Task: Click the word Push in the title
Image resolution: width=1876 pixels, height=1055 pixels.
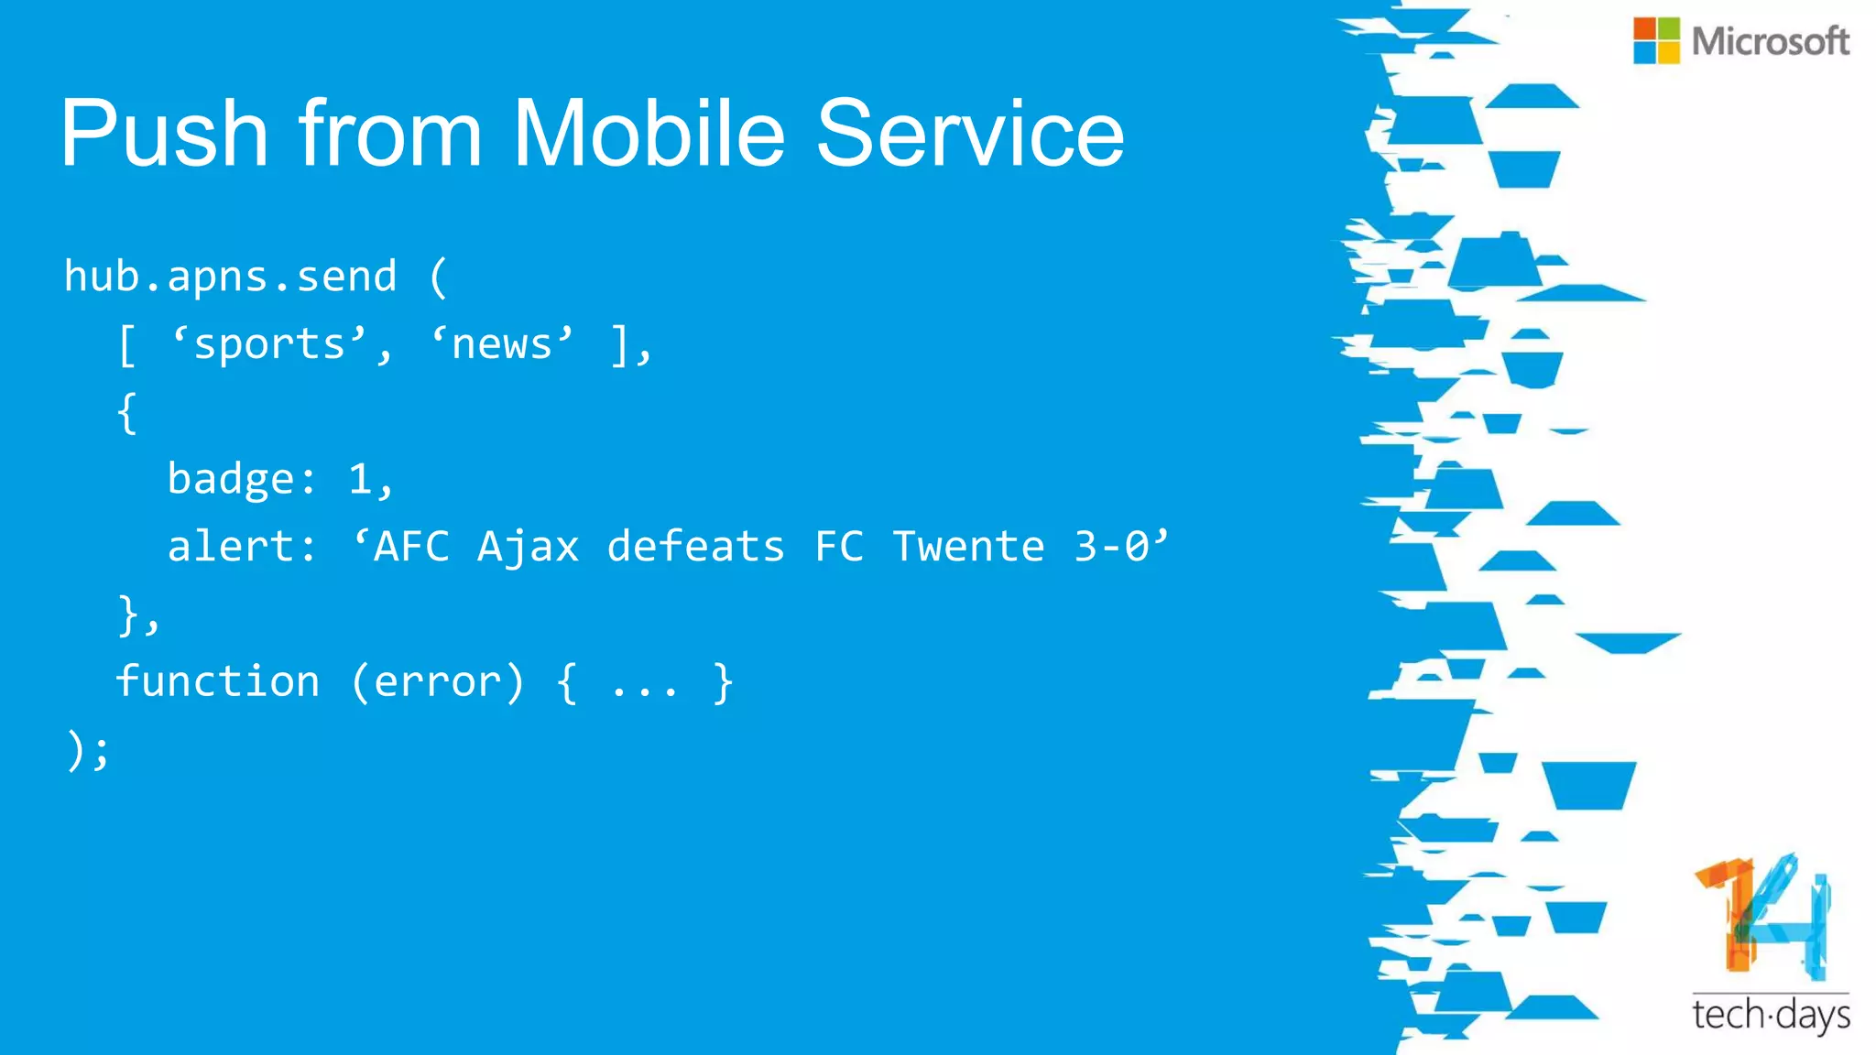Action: pyautogui.click(x=165, y=134)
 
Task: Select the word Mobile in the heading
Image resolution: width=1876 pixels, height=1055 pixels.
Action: pyautogui.click(x=649, y=134)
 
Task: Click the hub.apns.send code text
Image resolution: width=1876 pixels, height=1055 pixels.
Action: pyautogui.click(x=230, y=277)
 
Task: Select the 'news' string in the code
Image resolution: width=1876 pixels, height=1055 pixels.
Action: pyautogui.click(x=502, y=345)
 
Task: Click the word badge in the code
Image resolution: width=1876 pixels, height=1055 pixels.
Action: pyautogui.click(x=231, y=479)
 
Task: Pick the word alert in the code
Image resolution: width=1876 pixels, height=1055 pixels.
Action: pyautogui.click(x=231, y=547)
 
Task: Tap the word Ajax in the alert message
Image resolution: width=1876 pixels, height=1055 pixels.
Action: pyautogui.click(x=529, y=547)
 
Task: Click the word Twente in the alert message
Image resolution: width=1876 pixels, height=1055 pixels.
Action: pyautogui.click(x=968, y=547)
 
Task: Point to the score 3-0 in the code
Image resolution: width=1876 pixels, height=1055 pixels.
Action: pyautogui.click(x=1111, y=547)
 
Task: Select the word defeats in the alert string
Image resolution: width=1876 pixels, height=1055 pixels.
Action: pyautogui.click(x=696, y=547)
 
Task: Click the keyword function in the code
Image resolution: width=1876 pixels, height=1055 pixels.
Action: pyautogui.click(x=218, y=681)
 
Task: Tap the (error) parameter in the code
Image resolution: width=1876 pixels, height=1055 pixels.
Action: pyautogui.click(x=438, y=681)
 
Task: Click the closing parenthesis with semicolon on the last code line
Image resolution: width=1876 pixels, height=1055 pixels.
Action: pyautogui.click(x=88, y=750)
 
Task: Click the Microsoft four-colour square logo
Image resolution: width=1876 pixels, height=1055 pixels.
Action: pyautogui.click(x=1656, y=40)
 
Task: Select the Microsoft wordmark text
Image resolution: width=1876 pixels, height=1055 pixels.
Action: pyautogui.click(x=1770, y=41)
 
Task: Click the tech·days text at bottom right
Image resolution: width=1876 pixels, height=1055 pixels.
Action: pyautogui.click(x=1770, y=1015)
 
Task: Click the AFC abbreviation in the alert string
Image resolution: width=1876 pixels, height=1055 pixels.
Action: pyautogui.click(x=411, y=547)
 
